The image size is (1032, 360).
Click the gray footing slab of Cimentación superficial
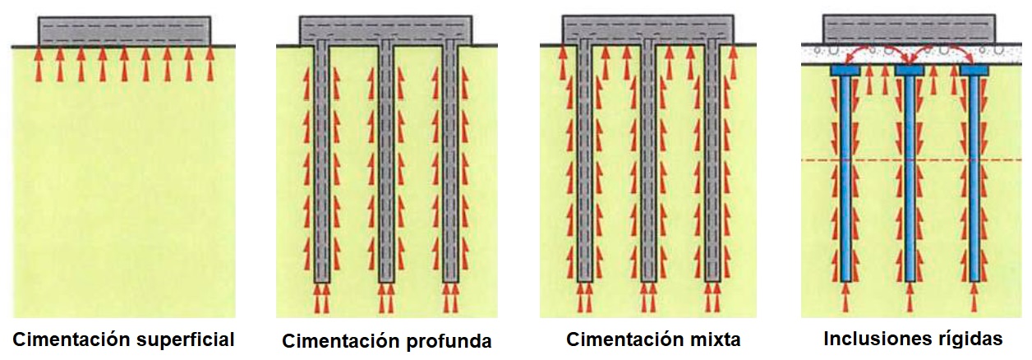pos(126,31)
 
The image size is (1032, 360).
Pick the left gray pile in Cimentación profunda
pos(321,164)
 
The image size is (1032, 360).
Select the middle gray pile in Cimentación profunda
pos(385,164)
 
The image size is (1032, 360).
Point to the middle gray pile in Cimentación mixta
pos(648,164)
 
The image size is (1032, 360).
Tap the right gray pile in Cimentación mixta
pos(712,164)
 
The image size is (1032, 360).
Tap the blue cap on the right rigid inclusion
pos(974,71)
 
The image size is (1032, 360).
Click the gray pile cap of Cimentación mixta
pos(648,28)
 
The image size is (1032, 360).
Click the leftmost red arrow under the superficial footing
pos(38,65)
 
